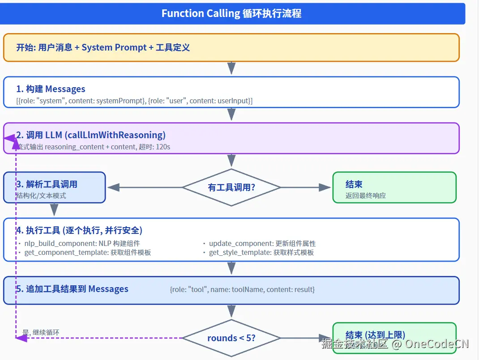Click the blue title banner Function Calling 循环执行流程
coord(232,14)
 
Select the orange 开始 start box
coord(231,47)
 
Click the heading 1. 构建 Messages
coord(51,89)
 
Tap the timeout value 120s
coord(163,147)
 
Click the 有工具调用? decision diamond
coord(231,187)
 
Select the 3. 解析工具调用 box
coord(54,187)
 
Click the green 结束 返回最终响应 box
coord(394,187)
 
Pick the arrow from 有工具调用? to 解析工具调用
coord(145,187)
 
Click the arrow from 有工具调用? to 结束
coord(305,187)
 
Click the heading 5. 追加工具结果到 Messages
coord(73,289)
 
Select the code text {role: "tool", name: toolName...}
coord(242,289)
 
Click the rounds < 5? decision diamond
coord(231,338)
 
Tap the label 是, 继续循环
coord(41,332)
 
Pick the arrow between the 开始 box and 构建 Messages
coord(231,68)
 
